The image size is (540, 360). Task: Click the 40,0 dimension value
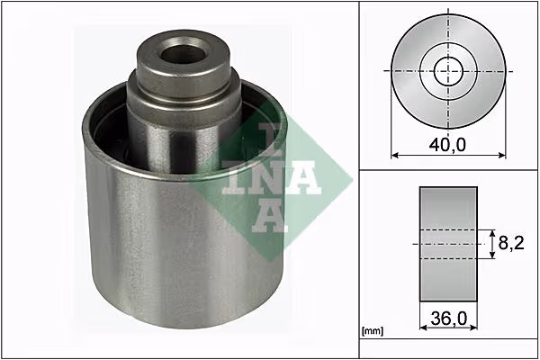click(x=447, y=144)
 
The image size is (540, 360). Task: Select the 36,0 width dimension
click(x=449, y=319)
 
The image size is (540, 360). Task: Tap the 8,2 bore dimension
click(x=511, y=244)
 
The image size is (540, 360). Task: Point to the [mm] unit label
click(x=373, y=331)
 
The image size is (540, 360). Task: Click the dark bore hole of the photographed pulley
click(x=182, y=51)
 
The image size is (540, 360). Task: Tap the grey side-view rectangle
click(x=448, y=244)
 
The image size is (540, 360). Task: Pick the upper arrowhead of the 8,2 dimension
click(x=492, y=234)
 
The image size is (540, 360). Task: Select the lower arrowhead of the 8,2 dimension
click(x=492, y=254)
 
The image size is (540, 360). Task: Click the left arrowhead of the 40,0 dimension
click(x=395, y=156)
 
